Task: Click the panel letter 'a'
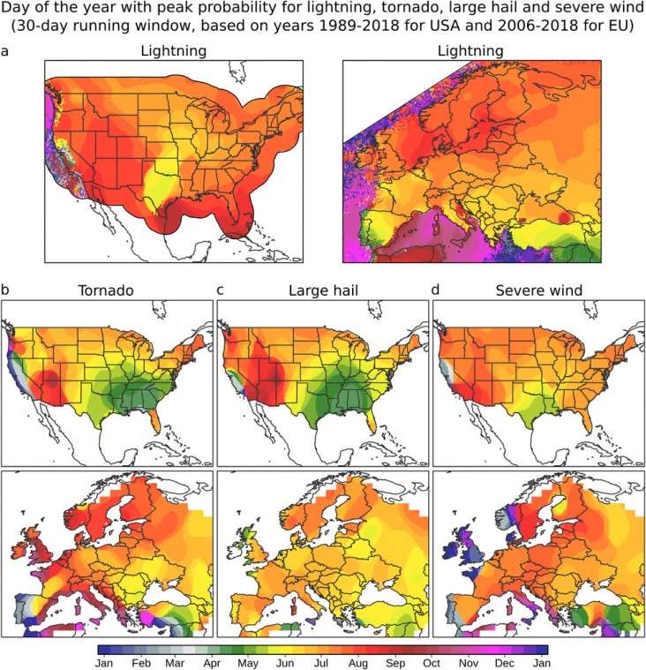tap(4, 52)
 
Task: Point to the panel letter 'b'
tap(5, 290)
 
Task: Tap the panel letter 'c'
tap(220, 290)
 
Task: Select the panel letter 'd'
tap(435, 290)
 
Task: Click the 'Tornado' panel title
tap(106, 290)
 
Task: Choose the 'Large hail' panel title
tap(323, 290)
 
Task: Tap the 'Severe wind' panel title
tap(538, 290)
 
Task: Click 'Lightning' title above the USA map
tap(174, 51)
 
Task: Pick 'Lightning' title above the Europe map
tap(470, 51)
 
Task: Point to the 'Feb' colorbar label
tap(141, 663)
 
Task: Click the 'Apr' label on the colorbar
tap(212, 663)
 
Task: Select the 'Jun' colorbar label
tap(285, 663)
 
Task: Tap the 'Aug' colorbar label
tap(358, 663)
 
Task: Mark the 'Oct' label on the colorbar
tap(432, 663)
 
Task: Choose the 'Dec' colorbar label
tap(505, 663)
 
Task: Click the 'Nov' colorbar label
tap(469, 663)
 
